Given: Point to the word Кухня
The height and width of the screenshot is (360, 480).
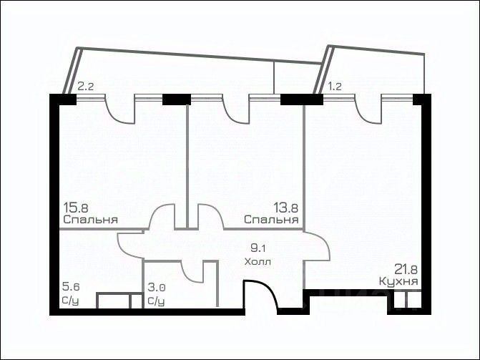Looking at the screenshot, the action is pos(398,281).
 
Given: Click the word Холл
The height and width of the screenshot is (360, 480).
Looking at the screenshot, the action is pos(258,262).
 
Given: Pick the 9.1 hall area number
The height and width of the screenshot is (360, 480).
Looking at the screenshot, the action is pos(258,248).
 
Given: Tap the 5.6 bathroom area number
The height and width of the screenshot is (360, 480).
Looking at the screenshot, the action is pos(71,287).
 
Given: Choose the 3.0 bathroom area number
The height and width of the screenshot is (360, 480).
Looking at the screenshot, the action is pos(157,288).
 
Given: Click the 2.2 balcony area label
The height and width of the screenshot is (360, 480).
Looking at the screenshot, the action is pos(85,86).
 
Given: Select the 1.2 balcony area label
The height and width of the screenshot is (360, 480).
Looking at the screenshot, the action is pos(335,86).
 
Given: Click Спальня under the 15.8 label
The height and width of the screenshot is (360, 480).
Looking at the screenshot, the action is pos(91,220).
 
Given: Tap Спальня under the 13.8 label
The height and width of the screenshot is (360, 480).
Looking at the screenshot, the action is pos(271,220).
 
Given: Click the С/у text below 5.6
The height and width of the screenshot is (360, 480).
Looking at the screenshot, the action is pos(70,301).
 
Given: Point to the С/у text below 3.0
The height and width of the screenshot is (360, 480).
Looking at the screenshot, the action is pos(156,301).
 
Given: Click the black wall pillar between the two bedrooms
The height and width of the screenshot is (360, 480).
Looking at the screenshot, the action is pos(177,99).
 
